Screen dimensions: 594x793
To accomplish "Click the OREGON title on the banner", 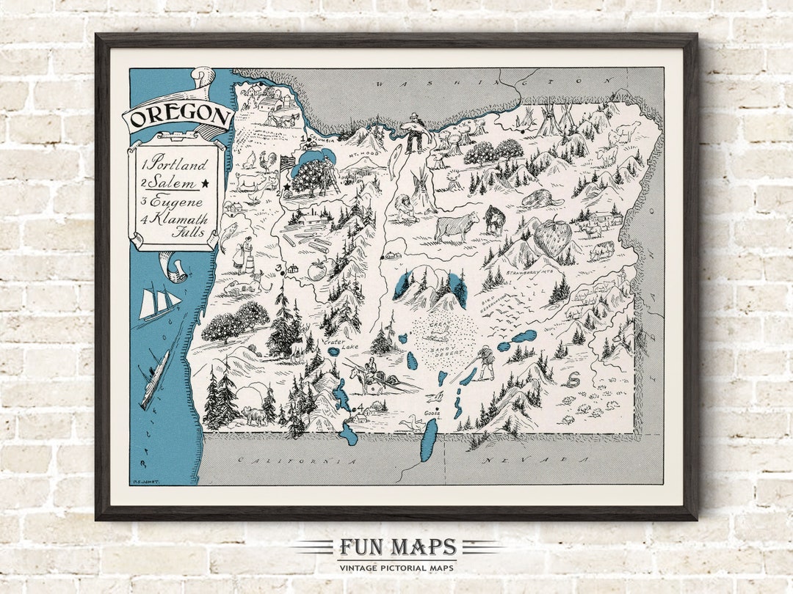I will click(x=178, y=116).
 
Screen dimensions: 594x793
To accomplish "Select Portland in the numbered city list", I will click(x=175, y=164).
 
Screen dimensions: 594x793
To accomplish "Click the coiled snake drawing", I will click(x=570, y=380).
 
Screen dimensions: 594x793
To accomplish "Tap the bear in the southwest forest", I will click(x=254, y=417).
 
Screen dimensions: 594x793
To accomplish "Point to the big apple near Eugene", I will click(x=317, y=271).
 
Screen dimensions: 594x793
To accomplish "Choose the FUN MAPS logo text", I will click(x=397, y=547).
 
